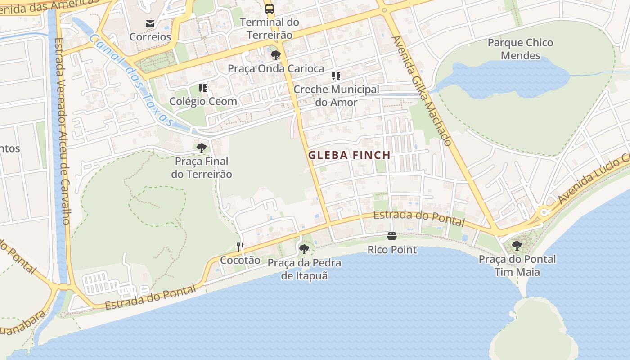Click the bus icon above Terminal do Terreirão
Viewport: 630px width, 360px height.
click(269, 9)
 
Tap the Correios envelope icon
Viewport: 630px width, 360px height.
click(150, 23)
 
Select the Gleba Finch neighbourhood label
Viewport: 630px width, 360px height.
click(349, 155)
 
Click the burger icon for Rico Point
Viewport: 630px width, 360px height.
click(392, 236)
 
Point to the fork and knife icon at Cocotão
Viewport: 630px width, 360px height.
click(240, 247)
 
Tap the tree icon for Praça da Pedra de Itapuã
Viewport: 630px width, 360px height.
click(304, 249)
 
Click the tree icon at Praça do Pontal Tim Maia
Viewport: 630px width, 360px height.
click(517, 246)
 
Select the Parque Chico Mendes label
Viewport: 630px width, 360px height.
click(520, 49)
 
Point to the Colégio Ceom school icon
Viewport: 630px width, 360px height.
click(203, 88)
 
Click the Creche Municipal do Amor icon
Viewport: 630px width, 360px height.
click(336, 76)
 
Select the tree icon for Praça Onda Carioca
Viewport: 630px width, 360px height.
click(276, 55)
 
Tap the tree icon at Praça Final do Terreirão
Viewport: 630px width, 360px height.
click(202, 148)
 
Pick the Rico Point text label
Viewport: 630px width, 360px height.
click(392, 250)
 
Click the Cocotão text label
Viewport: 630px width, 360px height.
click(240, 260)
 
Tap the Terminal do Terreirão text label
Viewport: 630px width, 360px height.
click(269, 28)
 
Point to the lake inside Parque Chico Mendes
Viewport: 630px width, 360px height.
click(508, 79)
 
